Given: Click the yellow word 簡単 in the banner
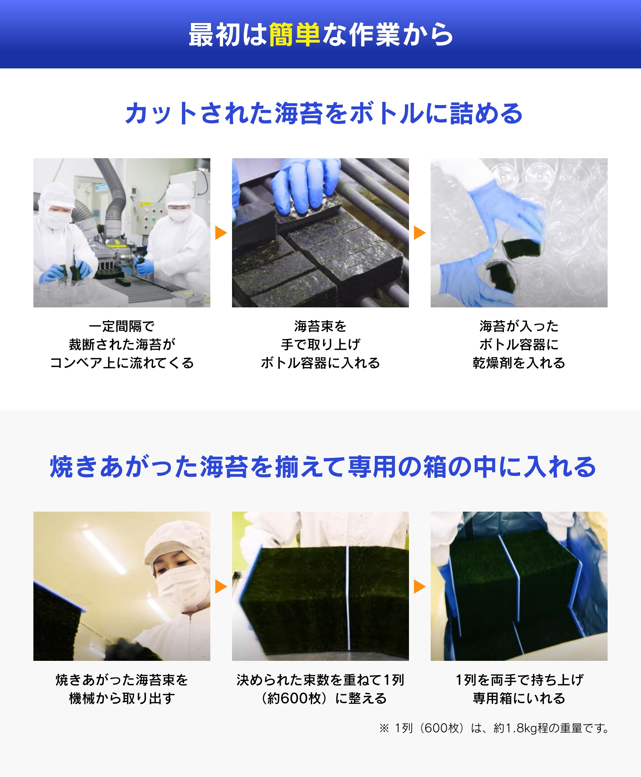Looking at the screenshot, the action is pos(294,35).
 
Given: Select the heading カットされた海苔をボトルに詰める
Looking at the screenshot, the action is pos(324,113).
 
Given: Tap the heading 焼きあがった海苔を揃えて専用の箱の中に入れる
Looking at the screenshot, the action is pos(323,467).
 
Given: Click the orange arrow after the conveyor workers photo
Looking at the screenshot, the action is pos(221,233).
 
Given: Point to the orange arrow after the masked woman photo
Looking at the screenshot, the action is pos(221,586).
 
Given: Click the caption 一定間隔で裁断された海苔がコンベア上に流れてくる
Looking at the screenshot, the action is pos(122,344).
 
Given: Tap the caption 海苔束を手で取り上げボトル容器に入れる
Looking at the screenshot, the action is pos(320,344).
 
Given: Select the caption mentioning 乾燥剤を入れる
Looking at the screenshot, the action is pos(519,344).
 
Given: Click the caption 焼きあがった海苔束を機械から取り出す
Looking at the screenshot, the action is pos(122,689).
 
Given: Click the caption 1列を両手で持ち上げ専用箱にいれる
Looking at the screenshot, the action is pos(519,689).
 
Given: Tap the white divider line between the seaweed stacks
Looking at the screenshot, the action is pos(348,598).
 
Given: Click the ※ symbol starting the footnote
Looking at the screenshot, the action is pos(384,728).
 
